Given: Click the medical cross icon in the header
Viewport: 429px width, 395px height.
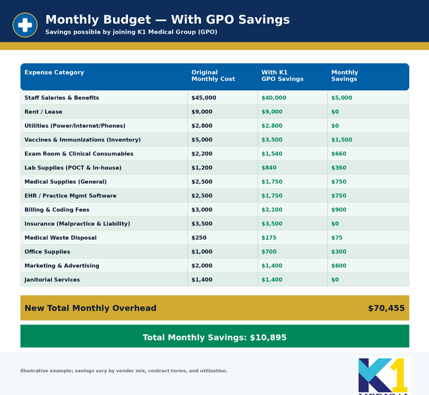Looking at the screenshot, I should coord(25,25).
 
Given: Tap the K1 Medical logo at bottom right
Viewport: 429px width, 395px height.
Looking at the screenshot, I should coord(383,376).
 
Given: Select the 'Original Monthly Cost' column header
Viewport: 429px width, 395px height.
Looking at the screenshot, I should coord(213,76).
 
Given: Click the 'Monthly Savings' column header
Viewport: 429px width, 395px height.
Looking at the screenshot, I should coord(345,76).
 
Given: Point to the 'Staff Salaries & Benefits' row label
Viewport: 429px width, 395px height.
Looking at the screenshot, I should coord(61,98).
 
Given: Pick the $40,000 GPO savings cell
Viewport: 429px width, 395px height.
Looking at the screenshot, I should coord(273,98).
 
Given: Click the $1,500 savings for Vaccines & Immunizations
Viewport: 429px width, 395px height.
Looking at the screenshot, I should coord(341,140).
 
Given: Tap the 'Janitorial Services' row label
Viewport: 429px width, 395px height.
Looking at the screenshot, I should coord(52,280).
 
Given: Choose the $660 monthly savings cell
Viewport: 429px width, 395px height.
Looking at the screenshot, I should coord(339,154).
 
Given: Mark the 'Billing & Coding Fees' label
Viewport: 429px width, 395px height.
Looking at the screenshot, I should coord(56,210).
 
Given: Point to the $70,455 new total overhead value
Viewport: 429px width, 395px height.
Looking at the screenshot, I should coord(386,308).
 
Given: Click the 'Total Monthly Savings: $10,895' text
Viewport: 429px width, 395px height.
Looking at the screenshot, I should coord(214,338).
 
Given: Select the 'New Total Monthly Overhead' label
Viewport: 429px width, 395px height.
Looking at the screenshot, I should coord(90,308).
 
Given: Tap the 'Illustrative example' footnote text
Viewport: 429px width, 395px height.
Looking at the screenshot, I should coord(124,371).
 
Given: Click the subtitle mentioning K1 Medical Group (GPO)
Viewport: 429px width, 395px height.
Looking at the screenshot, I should coord(131,32).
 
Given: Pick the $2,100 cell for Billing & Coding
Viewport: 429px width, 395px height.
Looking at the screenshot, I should coord(272,210).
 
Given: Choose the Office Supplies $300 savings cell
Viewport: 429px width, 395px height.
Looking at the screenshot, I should coord(339,252).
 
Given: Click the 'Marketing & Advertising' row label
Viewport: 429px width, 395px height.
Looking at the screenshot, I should coord(61,266).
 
